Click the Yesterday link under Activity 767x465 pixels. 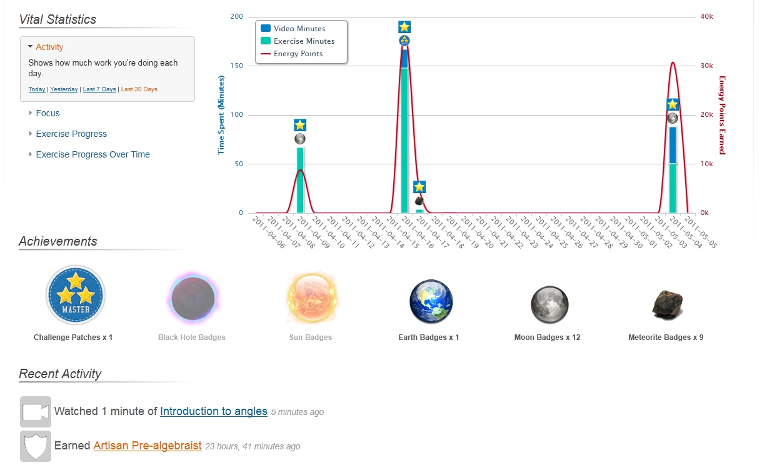point(64,89)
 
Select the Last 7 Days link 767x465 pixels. point(99,89)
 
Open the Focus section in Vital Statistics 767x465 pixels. point(48,113)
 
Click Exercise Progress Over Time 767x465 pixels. point(93,154)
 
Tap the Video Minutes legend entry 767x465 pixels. point(299,29)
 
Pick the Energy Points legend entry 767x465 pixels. point(298,54)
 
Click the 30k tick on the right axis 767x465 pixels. point(706,66)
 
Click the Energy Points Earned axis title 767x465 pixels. point(722,115)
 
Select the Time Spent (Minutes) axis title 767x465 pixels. point(221,115)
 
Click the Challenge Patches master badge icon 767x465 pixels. point(76,295)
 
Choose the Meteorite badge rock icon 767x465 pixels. point(667,304)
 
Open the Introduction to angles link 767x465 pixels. point(214,411)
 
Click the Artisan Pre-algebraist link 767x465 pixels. point(148,446)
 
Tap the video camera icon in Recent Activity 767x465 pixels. point(36,412)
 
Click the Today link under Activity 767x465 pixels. point(37,89)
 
